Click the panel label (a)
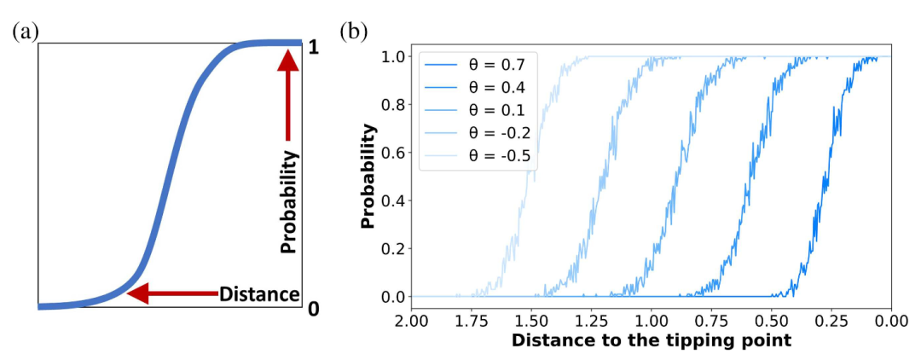tap(26, 32)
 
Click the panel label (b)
tap(354, 32)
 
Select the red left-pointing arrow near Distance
tap(171, 294)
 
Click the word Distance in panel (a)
tap(259, 294)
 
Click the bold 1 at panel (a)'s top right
tap(314, 48)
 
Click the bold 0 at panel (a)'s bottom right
tap(314, 308)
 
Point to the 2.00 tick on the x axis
tap(412, 322)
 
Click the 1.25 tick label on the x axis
tap(592, 322)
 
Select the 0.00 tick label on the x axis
tap(891, 322)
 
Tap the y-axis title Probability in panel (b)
tap(368, 177)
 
